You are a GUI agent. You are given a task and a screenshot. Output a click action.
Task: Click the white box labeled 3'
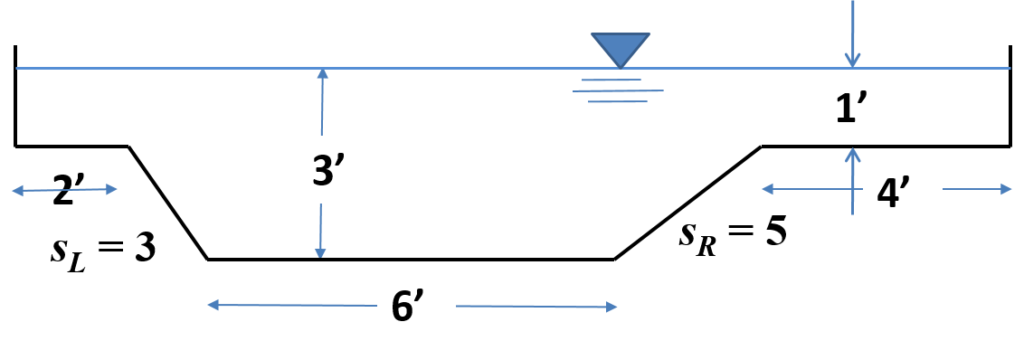(337, 169)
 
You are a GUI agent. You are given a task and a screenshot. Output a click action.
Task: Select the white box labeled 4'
(902, 192)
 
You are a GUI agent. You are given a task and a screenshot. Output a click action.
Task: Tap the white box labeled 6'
(416, 305)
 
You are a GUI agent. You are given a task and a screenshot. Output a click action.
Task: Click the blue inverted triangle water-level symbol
(621, 48)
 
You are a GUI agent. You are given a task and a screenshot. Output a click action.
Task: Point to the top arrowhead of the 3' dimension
(322, 73)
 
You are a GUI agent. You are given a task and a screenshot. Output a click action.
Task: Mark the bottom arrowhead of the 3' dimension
(319, 252)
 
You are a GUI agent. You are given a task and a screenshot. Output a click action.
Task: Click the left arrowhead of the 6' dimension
(213, 305)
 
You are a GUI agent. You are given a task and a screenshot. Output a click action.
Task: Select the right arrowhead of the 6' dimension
(612, 307)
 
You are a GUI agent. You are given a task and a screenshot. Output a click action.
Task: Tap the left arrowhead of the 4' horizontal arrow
(767, 189)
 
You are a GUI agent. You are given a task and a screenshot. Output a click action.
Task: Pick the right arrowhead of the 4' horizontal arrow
(1007, 189)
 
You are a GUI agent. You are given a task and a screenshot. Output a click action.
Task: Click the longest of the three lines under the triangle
(618, 90)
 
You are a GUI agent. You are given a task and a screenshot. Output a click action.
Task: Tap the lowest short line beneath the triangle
(618, 101)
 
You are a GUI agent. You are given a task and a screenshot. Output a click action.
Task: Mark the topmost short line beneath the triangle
(611, 81)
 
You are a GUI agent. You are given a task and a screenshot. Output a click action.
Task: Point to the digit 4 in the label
(887, 194)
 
